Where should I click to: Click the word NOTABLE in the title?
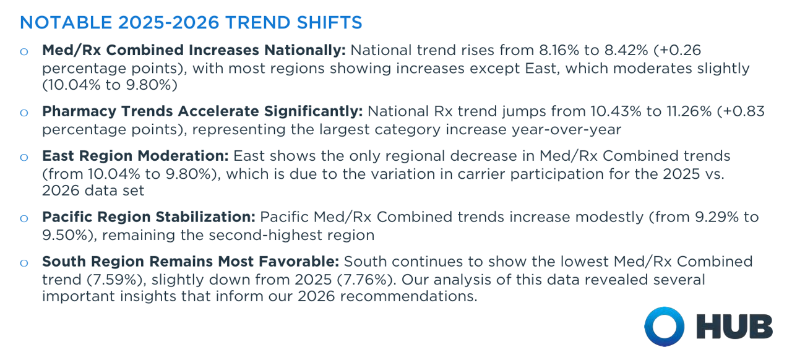[66, 23]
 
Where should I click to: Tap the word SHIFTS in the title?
[329, 23]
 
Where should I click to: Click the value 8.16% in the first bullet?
[559, 50]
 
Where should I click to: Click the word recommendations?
[408, 296]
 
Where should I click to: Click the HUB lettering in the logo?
[734, 327]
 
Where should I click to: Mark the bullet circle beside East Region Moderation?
[24, 157]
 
